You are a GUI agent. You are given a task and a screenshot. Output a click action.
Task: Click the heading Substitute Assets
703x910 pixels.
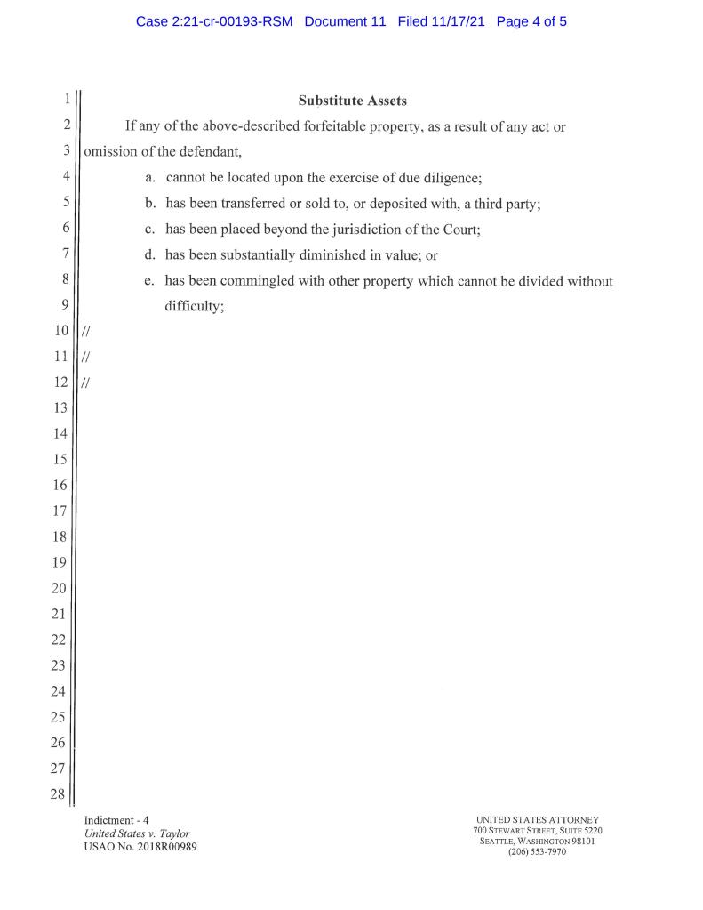pyautogui.click(x=352, y=101)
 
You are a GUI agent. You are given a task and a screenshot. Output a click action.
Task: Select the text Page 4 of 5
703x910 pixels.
pyautogui.click(x=531, y=21)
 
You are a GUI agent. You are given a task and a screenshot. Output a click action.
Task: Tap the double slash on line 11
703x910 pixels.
pyautogui.click(x=85, y=358)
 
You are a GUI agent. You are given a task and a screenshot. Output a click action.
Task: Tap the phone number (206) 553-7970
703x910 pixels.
pyautogui.click(x=537, y=851)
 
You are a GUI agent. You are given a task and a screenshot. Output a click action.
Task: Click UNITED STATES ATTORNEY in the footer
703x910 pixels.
pyautogui.click(x=537, y=819)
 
